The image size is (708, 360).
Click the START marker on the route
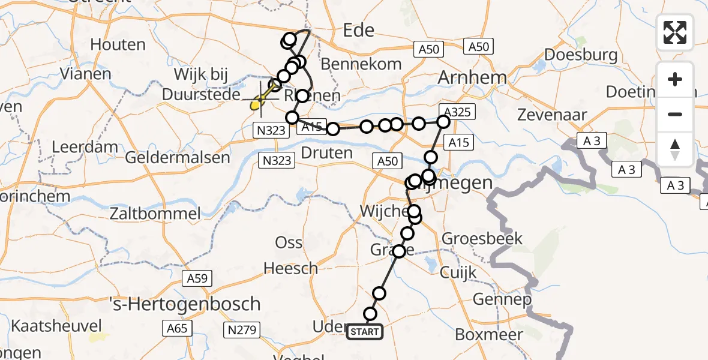[x=364, y=332]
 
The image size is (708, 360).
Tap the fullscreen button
[x=675, y=32]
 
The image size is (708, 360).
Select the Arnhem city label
[x=472, y=77]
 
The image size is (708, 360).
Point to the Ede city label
[x=359, y=31]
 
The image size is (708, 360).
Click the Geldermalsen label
[x=178, y=158]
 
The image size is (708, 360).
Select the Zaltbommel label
[x=155, y=213]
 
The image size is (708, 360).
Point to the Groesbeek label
[x=482, y=239]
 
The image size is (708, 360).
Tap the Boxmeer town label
[x=487, y=334]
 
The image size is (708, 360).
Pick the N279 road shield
[x=242, y=329]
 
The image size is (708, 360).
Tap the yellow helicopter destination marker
[x=254, y=106]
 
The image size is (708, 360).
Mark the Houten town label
[x=118, y=44]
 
